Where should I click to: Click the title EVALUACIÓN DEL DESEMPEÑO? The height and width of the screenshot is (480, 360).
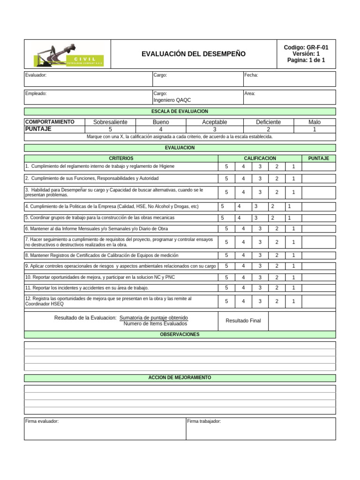pyautogui.click(x=194, y=54)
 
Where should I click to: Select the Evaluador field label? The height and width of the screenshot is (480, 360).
pyautogui.click(x=36, y=75)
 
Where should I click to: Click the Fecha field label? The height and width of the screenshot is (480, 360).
pyautogui.click(x=251, y=75)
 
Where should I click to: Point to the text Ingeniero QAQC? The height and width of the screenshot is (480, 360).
pyautogui.click(x=172, y=100)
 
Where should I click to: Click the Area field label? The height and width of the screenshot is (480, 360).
pyautogui.click(x=250, y=93)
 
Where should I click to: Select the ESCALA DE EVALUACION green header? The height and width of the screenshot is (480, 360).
pyautogui.click(x=180, y=112)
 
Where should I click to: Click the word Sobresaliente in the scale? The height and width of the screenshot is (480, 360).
pyautogui.click(x=110, y=122)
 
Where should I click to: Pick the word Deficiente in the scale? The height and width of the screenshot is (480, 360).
pyautogui.click(x=268, y=122)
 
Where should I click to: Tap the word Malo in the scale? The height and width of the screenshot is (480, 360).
pyautogui.click(x=315, y=122)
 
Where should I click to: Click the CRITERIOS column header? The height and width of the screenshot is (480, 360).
pyautogui.click(x=121, y=158)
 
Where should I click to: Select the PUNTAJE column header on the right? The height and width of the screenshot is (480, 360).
pyautogui.click(x=318, y=158)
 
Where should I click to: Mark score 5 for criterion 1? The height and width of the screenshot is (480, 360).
pyautogui.click(x=226, y=167)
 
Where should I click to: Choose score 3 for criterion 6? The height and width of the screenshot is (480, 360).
pyautogui.click(x=260, y=228)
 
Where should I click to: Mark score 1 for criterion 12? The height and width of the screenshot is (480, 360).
pyautogui.click(x=293, y=301)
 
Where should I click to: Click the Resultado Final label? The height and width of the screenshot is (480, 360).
pyautogui.click(x=243, y=321)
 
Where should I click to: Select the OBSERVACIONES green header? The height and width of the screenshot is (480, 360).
pyautogui.click(x=180, y=335)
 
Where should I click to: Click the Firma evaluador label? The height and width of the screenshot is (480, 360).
pyautogui.click(x=42, y=421)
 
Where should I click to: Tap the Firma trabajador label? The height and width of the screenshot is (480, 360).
pyautogui.click(x=204, y=421)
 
